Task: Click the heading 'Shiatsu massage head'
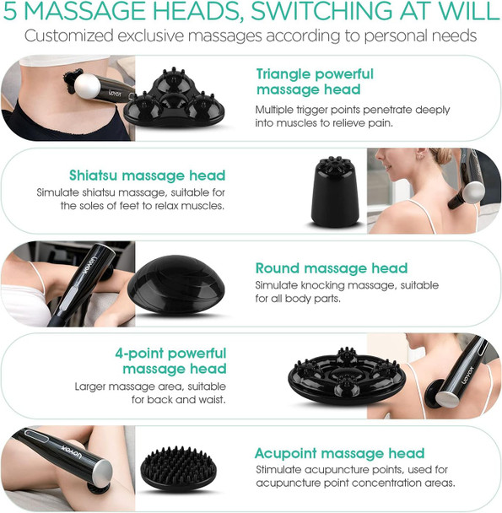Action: click(147, 175)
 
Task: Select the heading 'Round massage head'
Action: click(331, 268)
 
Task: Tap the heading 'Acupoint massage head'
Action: click(340, 453)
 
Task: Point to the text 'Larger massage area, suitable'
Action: click(151, 386)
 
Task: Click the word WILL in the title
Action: click(467, 13)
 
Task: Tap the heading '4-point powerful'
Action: click(172, 353)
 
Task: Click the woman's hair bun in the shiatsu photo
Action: click(444, 157)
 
